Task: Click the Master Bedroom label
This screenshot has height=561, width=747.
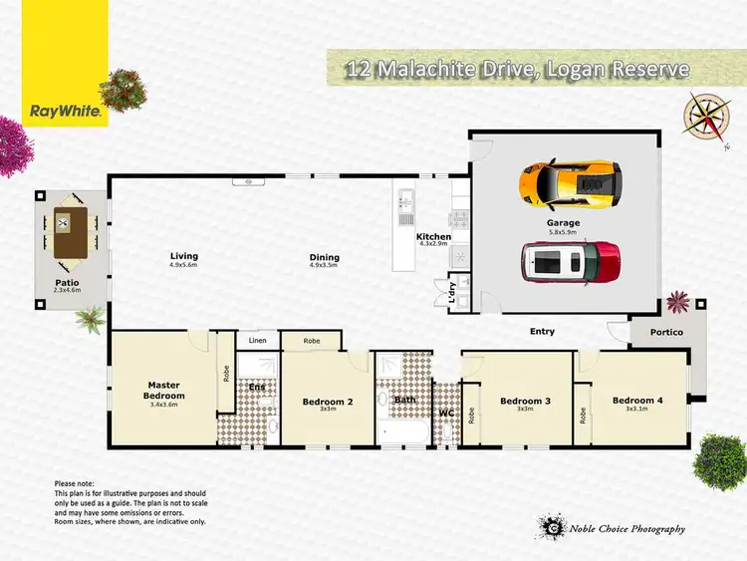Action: pyautogui.click(x=163, y=390)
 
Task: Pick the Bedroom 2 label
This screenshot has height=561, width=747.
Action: pyautogui.click(x=328, y=402)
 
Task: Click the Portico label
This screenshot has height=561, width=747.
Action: pyautogui.click(x=667, y=332)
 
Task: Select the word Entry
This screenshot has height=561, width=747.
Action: pyautogui.click(x=542, y=331)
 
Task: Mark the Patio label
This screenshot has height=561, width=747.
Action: pyautogui.click(x=67, y=282)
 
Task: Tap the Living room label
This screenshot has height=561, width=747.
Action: pyautogui.click(x=184, y=256)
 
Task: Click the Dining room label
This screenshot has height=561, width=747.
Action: pyautogui.click(x=325, y=256)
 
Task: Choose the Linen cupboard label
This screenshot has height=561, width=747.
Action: pyautogui.click(x=258, y=341)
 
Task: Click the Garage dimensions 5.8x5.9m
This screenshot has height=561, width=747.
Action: pyautogui.click(x=563, y=233)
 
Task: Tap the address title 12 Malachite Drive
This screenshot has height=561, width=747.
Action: pyautogui.click(x=418, y=70)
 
